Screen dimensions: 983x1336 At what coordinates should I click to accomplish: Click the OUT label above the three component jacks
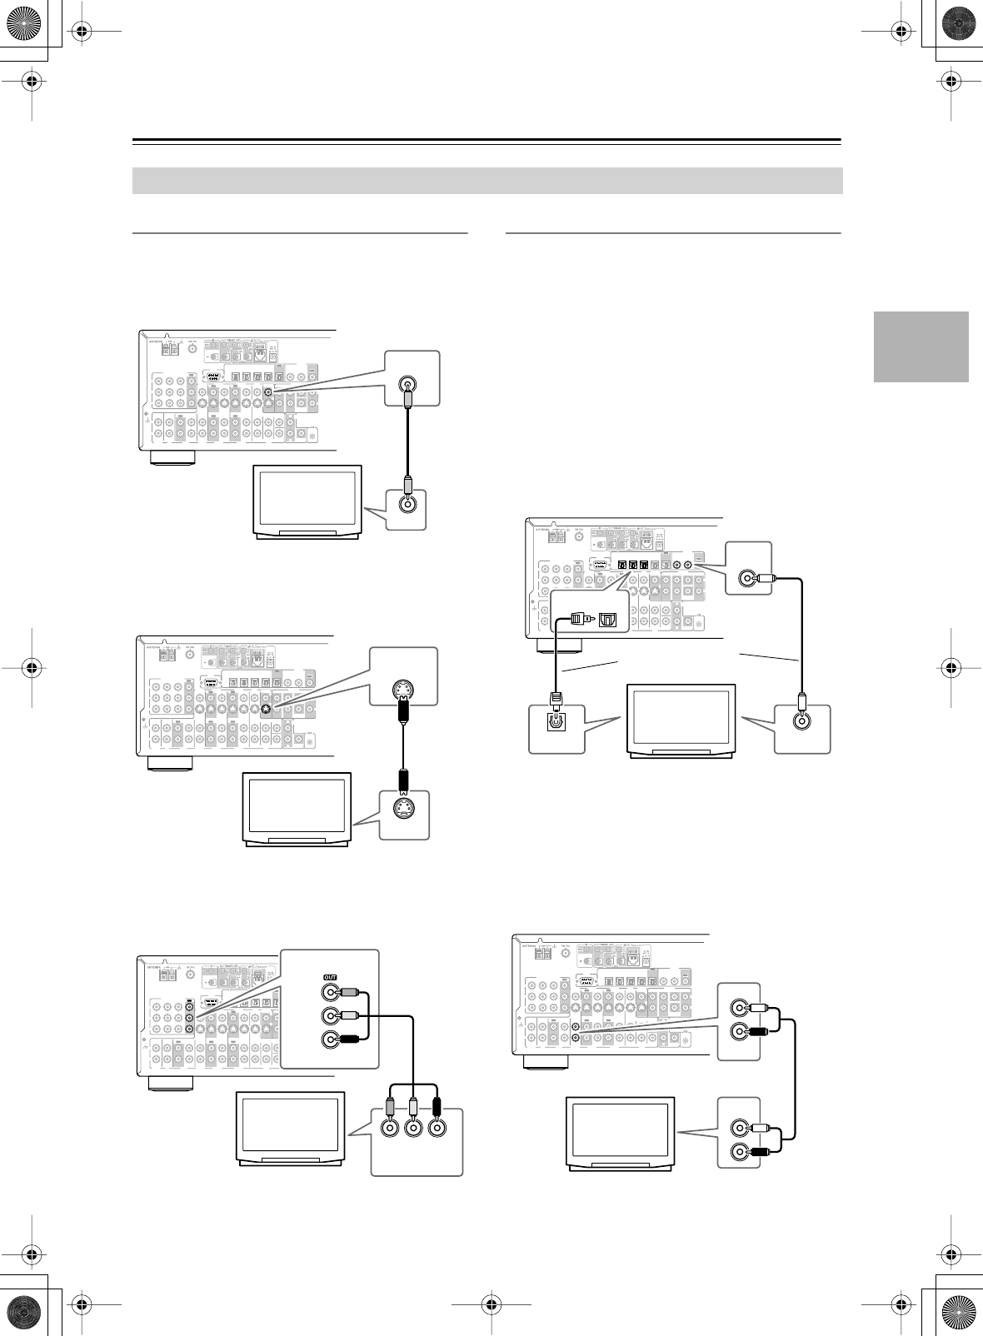click(x=330, y=976)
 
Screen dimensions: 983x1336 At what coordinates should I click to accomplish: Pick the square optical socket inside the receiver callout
click(x=610, y=619)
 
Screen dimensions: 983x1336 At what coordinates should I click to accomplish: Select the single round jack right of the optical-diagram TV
click(x=801, y=721)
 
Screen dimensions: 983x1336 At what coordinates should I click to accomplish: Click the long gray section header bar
click(x=487, y=181)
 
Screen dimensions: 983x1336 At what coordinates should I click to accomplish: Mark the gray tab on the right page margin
click(x=921, y=346)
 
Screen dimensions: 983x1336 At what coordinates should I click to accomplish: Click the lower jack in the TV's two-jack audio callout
click(x=738, y=1153)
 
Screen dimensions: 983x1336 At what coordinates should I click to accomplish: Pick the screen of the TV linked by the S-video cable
click(x=296, y=805)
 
